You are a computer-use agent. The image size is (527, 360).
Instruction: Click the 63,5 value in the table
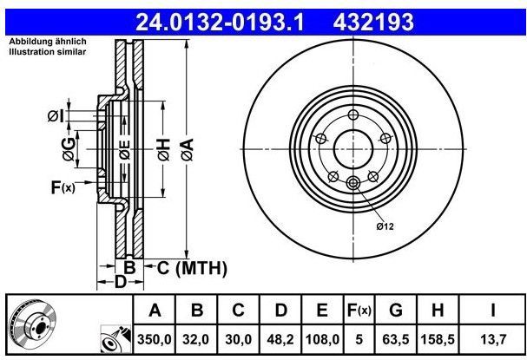395,340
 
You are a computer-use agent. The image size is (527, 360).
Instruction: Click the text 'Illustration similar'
48,52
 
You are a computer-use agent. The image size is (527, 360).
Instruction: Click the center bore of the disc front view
352,148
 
